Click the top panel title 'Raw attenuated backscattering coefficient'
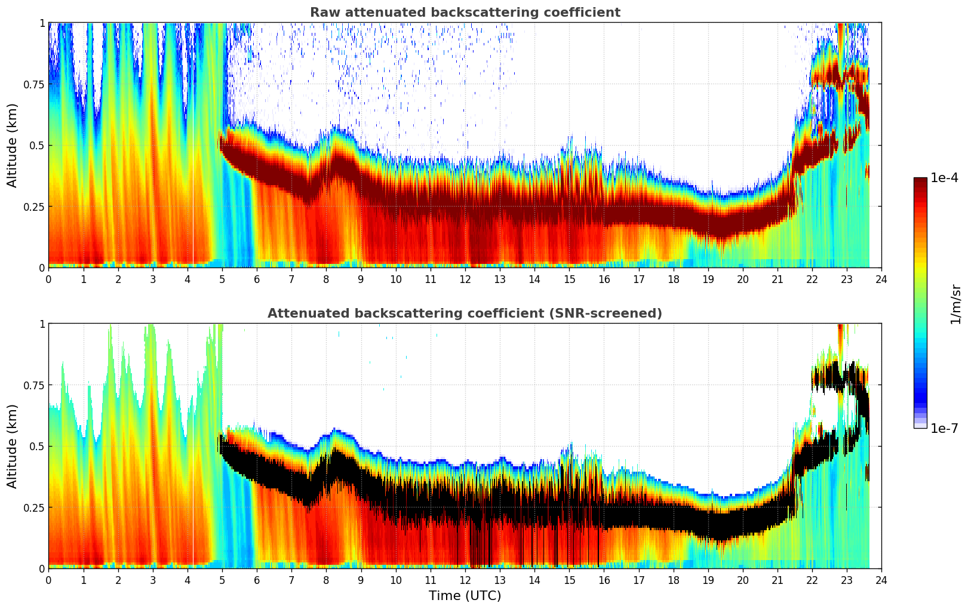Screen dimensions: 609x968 465,13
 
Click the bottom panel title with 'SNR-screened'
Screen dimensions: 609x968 465,313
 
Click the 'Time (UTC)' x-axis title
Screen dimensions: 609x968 465,596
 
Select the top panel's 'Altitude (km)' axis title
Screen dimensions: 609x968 13,145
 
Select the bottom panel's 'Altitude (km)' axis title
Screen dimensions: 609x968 13,446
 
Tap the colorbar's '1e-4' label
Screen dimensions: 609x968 945,178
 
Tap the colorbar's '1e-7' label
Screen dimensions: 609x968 945,428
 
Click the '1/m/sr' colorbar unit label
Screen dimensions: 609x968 955,304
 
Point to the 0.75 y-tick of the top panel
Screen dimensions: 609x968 33,84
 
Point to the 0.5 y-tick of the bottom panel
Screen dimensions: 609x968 37,446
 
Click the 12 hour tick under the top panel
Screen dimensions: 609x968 465,279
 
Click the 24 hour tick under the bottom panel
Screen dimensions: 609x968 881,580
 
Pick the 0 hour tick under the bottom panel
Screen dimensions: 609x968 48,580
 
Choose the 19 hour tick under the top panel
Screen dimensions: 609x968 708,279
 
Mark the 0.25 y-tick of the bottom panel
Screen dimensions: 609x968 33,507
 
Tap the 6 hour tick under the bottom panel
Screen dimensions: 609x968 257,580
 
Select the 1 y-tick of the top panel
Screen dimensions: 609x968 42,23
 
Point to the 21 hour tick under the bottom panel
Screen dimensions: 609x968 777,580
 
